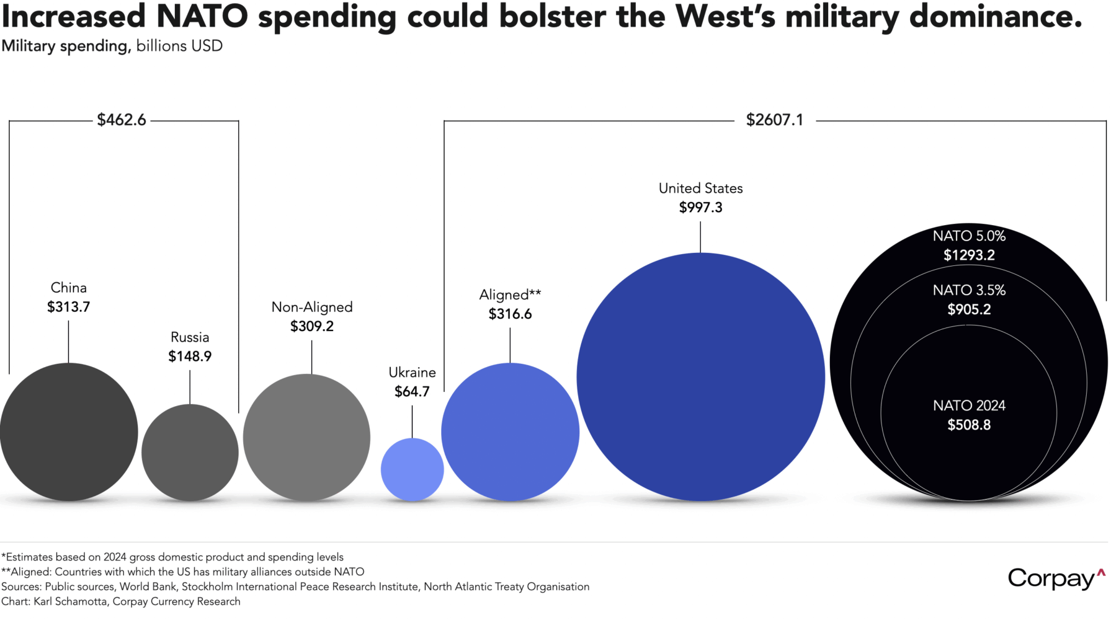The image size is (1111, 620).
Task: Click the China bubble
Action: pos(69,432)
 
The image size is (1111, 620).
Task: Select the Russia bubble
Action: pos(190,453)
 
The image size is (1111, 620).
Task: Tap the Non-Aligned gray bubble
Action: pos(306,438)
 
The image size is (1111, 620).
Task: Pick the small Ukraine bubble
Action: pos(412,469)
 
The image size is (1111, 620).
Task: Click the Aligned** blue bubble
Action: pos(510,432)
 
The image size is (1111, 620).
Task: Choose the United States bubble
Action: pos(700,377)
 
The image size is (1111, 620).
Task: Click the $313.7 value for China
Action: pos(69,307)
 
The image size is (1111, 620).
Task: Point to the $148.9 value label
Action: pos(190,356)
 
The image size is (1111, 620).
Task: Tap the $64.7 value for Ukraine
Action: pos(412,392)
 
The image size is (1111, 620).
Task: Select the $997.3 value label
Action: pos(700,208)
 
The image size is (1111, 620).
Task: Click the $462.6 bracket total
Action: pos(122,120)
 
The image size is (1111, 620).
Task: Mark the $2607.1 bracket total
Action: pos(774,120)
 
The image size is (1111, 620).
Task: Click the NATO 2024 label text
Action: pos(969,406)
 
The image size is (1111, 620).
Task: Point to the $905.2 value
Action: pos(969,309)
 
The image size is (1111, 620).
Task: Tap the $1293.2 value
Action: pos(969,255)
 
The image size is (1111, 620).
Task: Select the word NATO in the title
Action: pos(202,17)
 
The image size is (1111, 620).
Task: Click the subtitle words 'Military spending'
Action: pos(65,46)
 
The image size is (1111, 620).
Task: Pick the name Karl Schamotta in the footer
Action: pos(70,601)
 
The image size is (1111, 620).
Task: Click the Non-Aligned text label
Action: pos(312,308)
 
